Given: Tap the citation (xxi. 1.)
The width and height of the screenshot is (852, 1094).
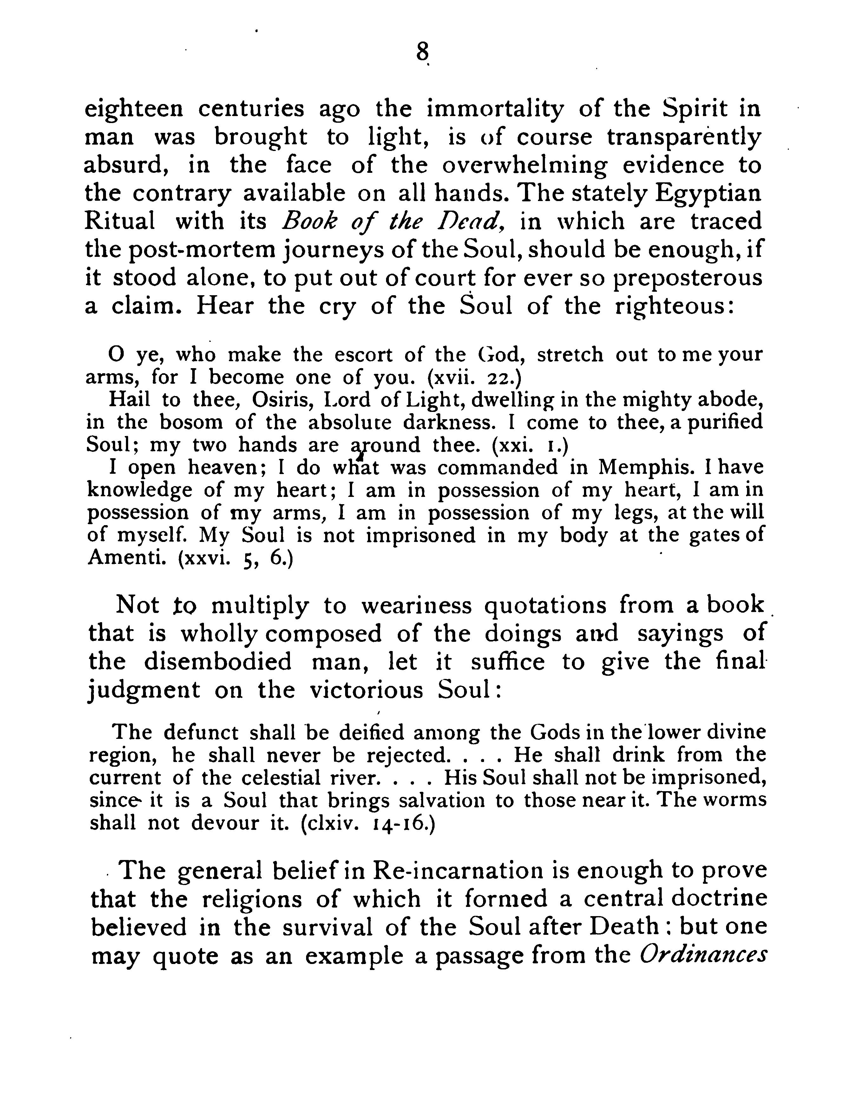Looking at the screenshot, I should pos(530,445).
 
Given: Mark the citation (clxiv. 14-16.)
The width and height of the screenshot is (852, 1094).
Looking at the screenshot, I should pos(368,823).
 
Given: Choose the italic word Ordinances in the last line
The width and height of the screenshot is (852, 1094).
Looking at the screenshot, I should pos(704,955).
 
